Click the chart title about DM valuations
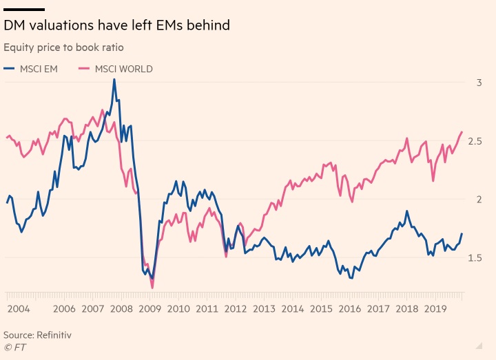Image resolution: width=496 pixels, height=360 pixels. point(116,25)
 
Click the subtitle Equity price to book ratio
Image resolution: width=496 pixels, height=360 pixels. point(63,47)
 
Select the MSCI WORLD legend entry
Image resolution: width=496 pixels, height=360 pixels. point(115,69)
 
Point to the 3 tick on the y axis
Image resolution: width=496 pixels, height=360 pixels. point(479,83)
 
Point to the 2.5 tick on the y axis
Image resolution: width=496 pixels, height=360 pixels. point(476,141)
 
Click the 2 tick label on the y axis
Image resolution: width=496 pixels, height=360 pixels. point(479,200)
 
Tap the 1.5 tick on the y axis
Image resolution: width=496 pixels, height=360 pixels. point(476,258)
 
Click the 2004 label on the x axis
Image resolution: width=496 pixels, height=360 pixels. point(18,309)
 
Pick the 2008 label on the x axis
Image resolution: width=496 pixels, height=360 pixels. point(121,309)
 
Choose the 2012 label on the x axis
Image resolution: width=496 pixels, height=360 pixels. point(235,309)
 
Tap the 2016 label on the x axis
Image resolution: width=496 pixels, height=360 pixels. point(349,309)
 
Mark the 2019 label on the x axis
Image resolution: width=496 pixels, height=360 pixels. point(435,309)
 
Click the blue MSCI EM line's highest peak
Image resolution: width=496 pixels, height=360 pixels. point(114,79)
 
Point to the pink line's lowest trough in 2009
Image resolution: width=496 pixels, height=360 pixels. point(152,288)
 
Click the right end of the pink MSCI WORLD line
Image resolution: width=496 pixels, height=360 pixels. point(462,131)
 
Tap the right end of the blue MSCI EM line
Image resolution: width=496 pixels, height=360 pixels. point(462,233)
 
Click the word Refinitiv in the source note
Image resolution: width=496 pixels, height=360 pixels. point(54,335)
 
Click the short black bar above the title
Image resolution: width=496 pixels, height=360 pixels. point(24,10)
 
